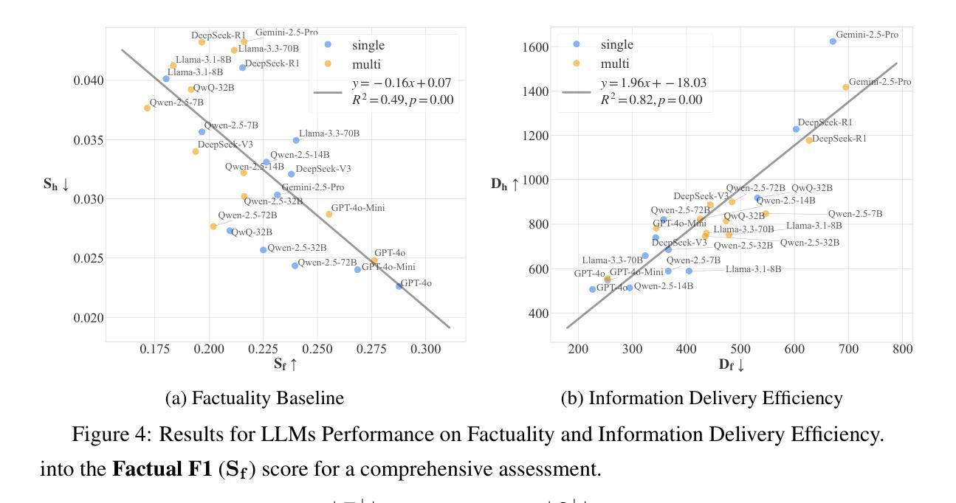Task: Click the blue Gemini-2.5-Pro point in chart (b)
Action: point(833,41)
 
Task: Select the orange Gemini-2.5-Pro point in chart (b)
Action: point(846,87)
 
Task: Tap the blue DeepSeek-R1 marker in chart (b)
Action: point(796,129)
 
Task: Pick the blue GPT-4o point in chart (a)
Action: point(399,286)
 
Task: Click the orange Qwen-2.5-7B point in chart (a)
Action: point(147,108)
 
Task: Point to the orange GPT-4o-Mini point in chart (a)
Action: point(329,214)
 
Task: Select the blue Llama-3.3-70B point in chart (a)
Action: point(296,140)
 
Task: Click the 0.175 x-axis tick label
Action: point(155,347)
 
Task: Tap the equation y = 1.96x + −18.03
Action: point(653,83)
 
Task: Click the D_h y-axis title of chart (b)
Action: point(505,184)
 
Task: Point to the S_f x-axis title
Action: point(285,364)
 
